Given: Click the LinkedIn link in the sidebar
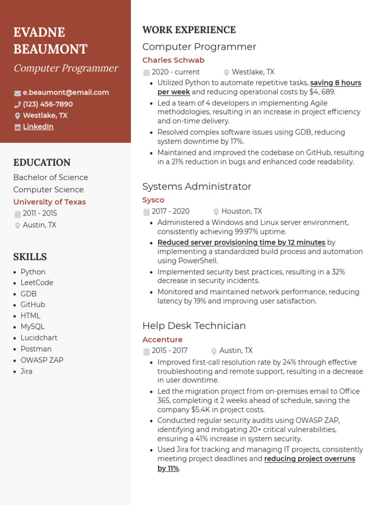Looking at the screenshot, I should (x=38, y=127).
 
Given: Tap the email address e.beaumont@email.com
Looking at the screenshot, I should (x=65, y=92).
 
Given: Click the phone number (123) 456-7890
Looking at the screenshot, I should (x=48, y=104).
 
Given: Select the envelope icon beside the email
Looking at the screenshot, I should (x=17, y=93).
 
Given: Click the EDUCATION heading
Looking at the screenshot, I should (x=42, y=162).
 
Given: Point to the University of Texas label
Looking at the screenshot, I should (x=49, y=202).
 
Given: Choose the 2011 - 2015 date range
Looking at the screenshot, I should (x=40, y=213).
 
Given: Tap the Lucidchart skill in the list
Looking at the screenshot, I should (x=39, y=338).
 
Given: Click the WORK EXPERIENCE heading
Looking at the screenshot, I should (x=189, y=30).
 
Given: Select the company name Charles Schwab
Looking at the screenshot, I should (x=173, y=60).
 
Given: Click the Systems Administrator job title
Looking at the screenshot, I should (x=196, y=186).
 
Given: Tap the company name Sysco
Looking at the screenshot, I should (x=153, y=200).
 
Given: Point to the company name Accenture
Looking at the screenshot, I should (x=162, y=339).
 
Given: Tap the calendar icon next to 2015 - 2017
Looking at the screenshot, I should (x=146, y=351).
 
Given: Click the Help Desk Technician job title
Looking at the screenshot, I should (x=193, y=325).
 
